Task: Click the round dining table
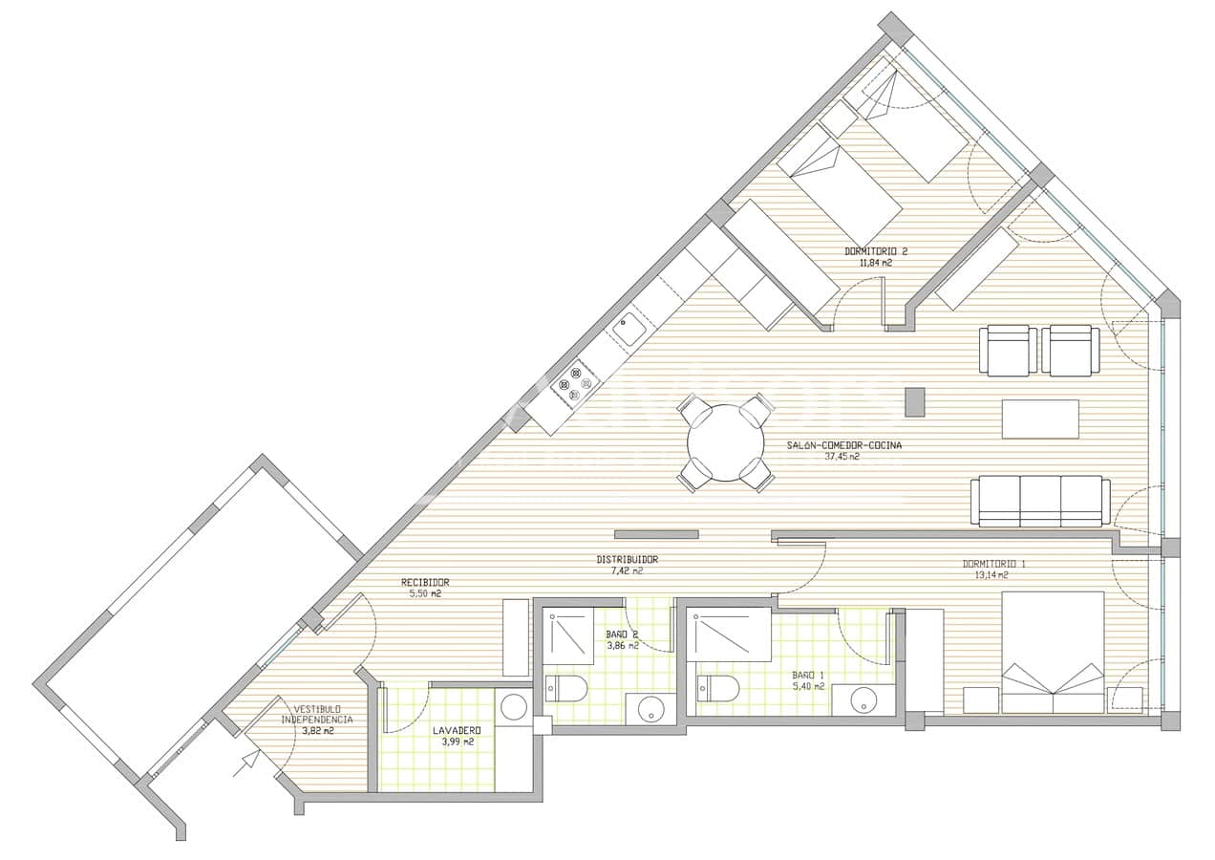point(726,443)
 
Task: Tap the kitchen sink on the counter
point(629,329)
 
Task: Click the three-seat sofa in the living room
point(1040,501)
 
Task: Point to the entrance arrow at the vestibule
point(248,761)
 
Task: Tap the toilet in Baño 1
point(718,687)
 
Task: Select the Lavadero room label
point(456,730)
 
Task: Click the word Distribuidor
point(627,560)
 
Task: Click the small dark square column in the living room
point(915,401)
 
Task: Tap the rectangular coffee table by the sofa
point(1040,419)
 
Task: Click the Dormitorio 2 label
point(875,251)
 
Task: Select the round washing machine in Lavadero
point(514,707)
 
